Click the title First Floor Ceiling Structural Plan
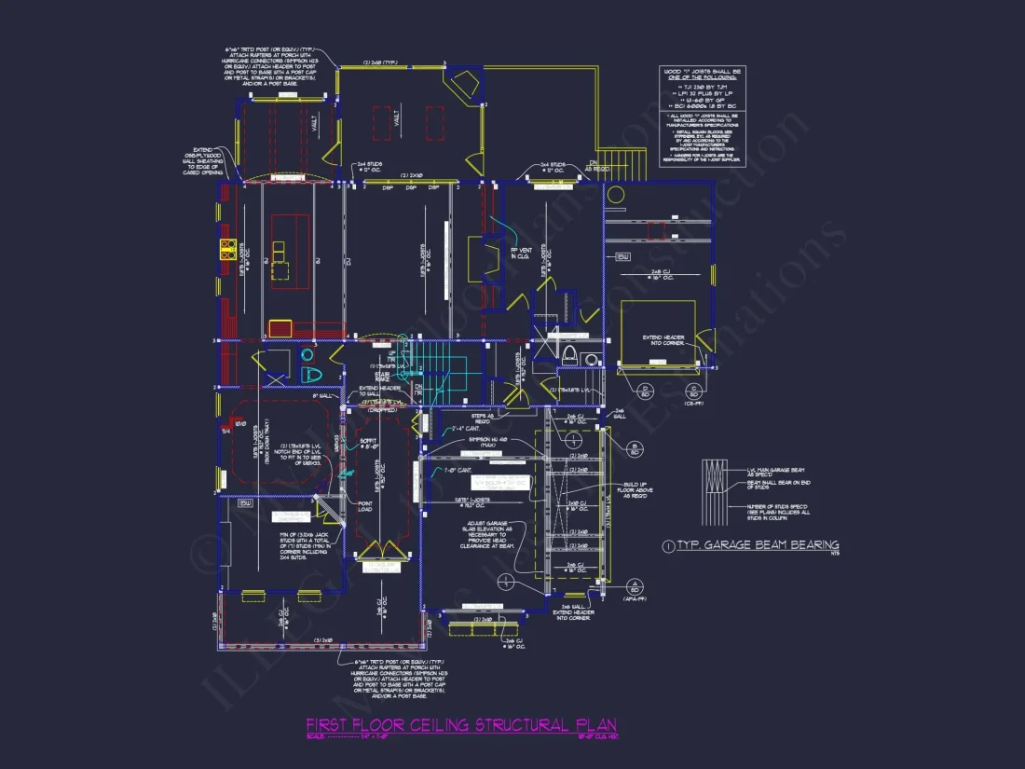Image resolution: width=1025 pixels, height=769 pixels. (461, 725)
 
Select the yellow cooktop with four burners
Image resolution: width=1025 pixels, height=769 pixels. (227, 248)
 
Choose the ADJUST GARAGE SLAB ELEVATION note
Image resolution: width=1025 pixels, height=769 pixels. (488, 538)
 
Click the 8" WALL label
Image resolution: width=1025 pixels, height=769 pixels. (326, 396)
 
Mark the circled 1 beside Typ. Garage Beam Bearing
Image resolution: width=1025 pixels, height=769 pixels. (667, 544)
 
